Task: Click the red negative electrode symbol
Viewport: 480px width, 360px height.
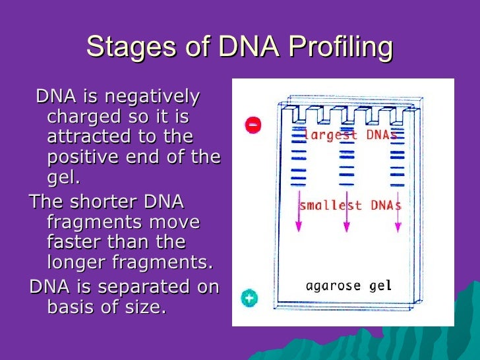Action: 253,125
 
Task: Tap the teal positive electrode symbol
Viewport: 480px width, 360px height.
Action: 249,298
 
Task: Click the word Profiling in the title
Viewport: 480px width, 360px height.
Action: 341,47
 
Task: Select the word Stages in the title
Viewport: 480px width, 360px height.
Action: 131,47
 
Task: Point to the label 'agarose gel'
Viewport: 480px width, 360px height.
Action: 349,286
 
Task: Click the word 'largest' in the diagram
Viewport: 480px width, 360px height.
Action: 330,135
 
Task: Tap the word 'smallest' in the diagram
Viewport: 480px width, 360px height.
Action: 330,205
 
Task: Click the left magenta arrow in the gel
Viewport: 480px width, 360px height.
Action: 299,211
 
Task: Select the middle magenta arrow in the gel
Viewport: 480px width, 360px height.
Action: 347,212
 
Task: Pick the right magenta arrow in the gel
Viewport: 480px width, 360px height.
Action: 398,212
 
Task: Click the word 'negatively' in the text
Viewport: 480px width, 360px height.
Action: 152,98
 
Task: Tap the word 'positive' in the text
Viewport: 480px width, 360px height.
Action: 82,158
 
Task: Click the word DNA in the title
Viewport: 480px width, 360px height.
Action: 249,47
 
